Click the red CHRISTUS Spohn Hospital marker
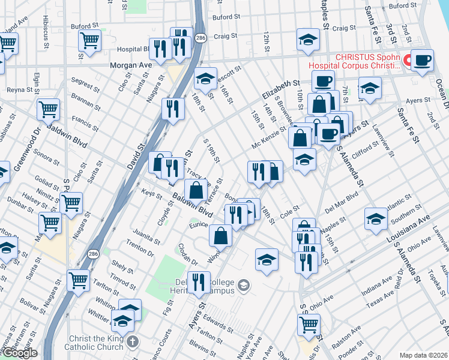coord(407,61)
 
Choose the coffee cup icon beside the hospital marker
coord(423,61)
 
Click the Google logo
coord(20,353)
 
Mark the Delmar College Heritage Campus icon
coord(244,284)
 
